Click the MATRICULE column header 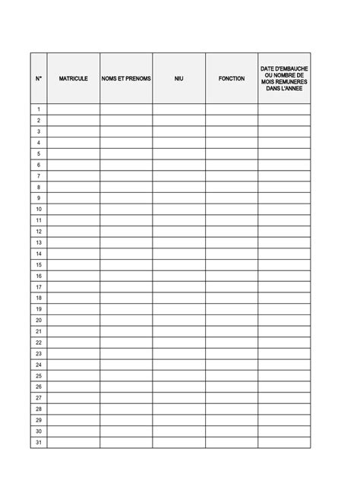[x=73, y=78]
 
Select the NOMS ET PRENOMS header [x=126, y=78]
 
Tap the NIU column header [x=178, y=78]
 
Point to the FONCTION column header [x=231, y=78]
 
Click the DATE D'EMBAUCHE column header [x=284, y=78]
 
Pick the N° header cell [x=39, y=78]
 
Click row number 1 [x=39, y=109]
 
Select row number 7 [x=39, y=175]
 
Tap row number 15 [x=39, y=264]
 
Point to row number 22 [x=39, y=343]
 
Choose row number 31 [x=39, y=443]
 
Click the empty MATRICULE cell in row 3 [x=73, y=131]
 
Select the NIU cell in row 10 [x=178, y=209]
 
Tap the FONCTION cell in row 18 [x=231, y=298]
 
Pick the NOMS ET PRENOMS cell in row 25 [x=126, y=376]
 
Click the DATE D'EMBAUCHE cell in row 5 [x=284, y=153]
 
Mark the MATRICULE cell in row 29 [x=73, y=420]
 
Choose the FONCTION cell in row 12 [x=231, y=231]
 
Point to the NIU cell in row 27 [x=178, y=398]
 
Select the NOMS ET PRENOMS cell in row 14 [x=126, y=254]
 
